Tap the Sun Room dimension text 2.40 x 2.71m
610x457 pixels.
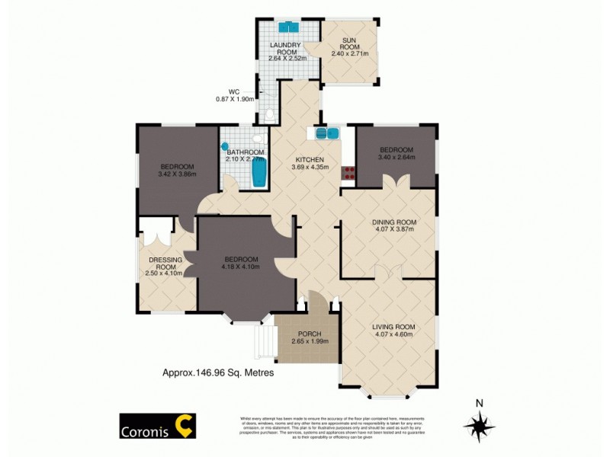click(349, 54)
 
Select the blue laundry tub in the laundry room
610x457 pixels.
click(288, 27)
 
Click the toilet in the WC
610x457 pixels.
click(270, 115)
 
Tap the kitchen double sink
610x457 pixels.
click(327, 133)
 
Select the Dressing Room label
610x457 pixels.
click(165, 264)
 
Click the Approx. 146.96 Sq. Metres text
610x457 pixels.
click(218, 373)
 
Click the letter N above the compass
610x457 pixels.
click(479, 404)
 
